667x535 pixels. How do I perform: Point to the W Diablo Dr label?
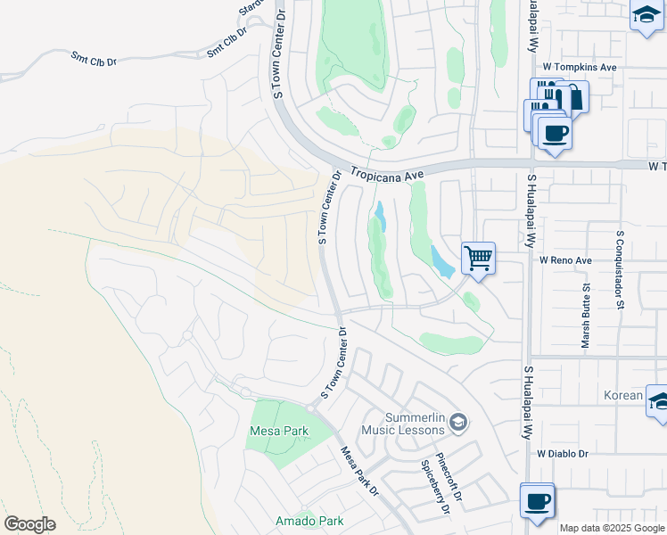[564, 454]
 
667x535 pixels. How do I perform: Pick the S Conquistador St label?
[619, 269]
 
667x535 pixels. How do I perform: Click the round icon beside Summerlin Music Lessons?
[458, 421]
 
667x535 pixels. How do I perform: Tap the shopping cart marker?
[479, 259]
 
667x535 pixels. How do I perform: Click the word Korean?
[621, 395]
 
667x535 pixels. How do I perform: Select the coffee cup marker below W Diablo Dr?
[538, 501]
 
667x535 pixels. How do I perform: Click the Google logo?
[29, 523]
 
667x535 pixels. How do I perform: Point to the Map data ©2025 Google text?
[612, 528]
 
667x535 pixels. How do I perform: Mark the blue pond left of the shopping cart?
[441, 261]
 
